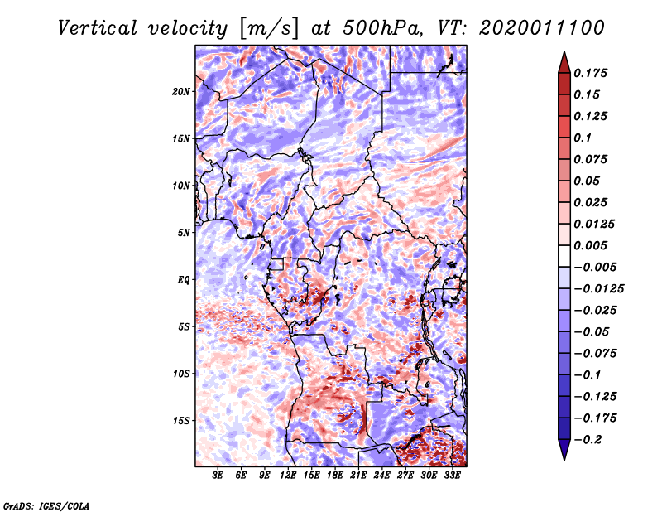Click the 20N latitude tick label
(182, 91)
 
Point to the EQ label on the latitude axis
(184, 279)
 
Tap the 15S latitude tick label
(182, 420)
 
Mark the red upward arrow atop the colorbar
(564, 59)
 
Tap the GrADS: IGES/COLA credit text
(46, 505)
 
